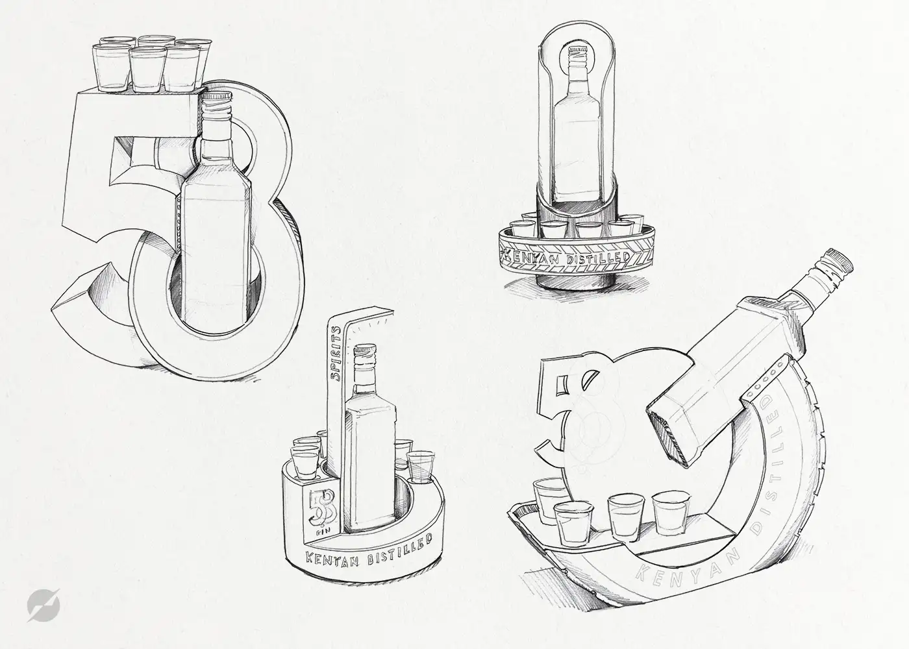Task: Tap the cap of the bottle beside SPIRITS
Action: click(365, 350)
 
